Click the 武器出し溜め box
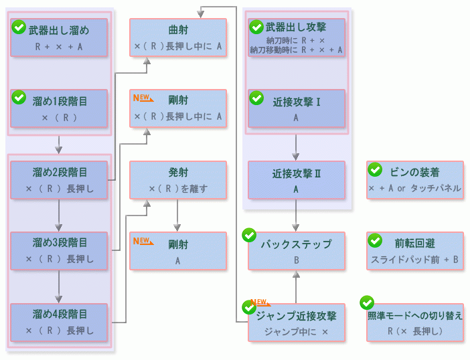(59, 37)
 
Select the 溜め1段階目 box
(59, 108)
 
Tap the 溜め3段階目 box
(59, 250)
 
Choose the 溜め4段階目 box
(59, 322)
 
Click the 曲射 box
(177, 37)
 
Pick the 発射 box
(177, 180)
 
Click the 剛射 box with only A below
(177, 251)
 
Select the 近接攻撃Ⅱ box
(297, 180)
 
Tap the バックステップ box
(297, 251)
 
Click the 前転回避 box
(415, 251)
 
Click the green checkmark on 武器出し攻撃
(256, 27)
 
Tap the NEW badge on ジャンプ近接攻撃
(260, 303)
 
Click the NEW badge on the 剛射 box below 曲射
(143, 98)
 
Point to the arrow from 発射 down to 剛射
(177, 215)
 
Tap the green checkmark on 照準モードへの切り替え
(367, 302)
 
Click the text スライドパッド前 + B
(415, 260)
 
